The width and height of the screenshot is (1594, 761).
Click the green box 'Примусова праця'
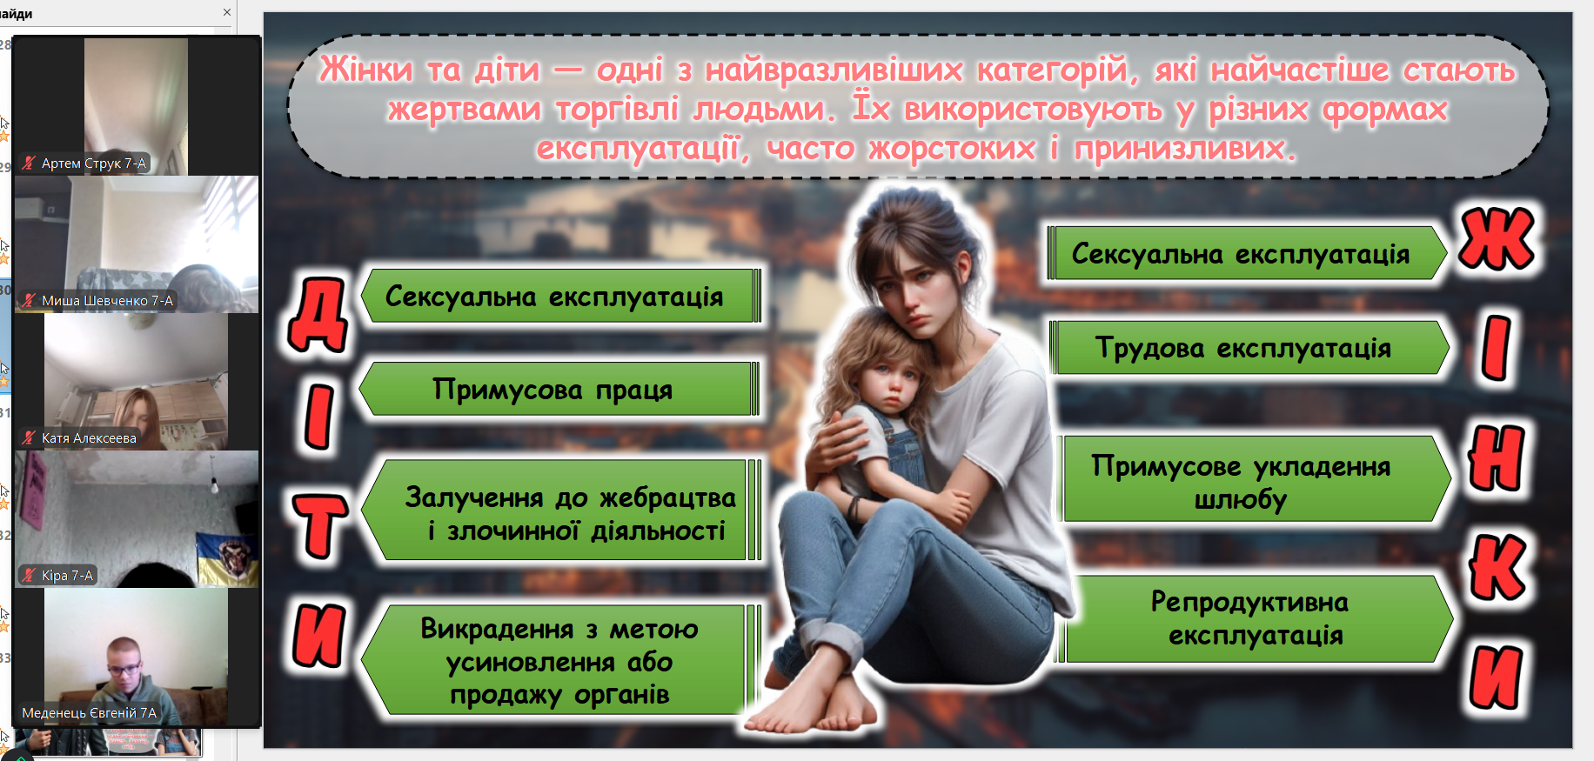click(559, 389)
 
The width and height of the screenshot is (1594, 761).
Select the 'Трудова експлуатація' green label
click(1249, 347)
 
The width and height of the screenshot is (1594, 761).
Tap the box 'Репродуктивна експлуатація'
click(1253, 618)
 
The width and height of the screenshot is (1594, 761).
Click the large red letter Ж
click(1497, 238)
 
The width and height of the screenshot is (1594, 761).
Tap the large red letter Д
click(318, 315)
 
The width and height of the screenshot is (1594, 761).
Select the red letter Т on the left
click(319, 525)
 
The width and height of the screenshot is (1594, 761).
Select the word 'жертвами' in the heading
click(465, 109)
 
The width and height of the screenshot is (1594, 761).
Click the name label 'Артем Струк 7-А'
click(94, 163)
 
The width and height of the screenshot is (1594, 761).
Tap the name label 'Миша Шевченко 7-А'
click(107, 300)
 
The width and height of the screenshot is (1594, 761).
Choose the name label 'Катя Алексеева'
click(89, 437)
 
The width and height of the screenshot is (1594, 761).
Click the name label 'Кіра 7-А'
click(67, 575)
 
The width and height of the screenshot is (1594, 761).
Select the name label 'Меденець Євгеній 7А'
click(89, 712)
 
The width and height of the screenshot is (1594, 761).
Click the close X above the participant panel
click(227, 12)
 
